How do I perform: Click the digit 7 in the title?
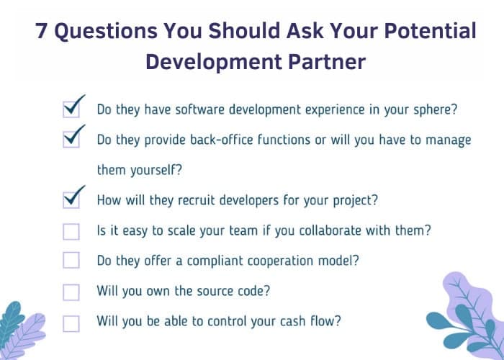(x=41, y=31)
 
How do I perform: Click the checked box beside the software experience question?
(x=71, y=109)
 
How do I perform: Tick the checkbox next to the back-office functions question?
(x=71, y=140)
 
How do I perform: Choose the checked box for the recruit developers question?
(x=71, y=200)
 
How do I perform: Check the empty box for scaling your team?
(x=71, y=232)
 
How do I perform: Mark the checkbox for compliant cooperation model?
(x=71, y=260)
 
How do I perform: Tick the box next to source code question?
(x=71, y=292)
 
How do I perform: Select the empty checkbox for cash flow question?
(x=71, y=323)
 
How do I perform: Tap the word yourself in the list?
(x=156, y=170)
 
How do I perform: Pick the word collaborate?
(x=330, y=230)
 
